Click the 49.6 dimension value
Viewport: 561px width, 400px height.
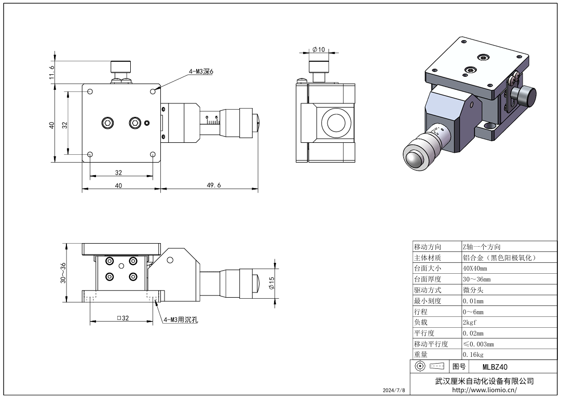click(x=214, y=185)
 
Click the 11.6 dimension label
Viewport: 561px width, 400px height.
click(x=51, y=72)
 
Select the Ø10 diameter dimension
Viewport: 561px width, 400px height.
click(x=319, y=49)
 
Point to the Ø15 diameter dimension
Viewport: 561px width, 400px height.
click(x=271, y=283)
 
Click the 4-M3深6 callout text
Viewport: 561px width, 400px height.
click(x=200, y=71)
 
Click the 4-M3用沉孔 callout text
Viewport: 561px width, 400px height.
click(x=181, y=320)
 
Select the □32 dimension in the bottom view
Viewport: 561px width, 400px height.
click(x=122, y=318)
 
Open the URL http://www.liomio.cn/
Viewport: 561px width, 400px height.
click(x=484, y=390)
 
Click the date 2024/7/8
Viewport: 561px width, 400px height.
click(x=393, y=390)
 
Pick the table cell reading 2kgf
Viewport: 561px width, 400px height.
click(x=470, y=323)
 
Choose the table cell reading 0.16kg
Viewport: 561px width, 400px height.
click(x=473, y=355)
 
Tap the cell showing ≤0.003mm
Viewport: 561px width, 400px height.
click(x=478, y=344)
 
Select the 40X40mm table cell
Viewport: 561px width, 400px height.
click(x=475, y=269)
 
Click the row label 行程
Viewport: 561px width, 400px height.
click(x=420, y=312)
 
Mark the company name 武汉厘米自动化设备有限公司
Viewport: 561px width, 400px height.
click(x=484, y=381)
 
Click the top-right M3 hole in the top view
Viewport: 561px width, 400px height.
click(x=153, y=92)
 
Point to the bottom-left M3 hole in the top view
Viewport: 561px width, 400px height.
click(x=90, y=154)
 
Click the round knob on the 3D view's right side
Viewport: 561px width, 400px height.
click(x=524, y=97)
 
